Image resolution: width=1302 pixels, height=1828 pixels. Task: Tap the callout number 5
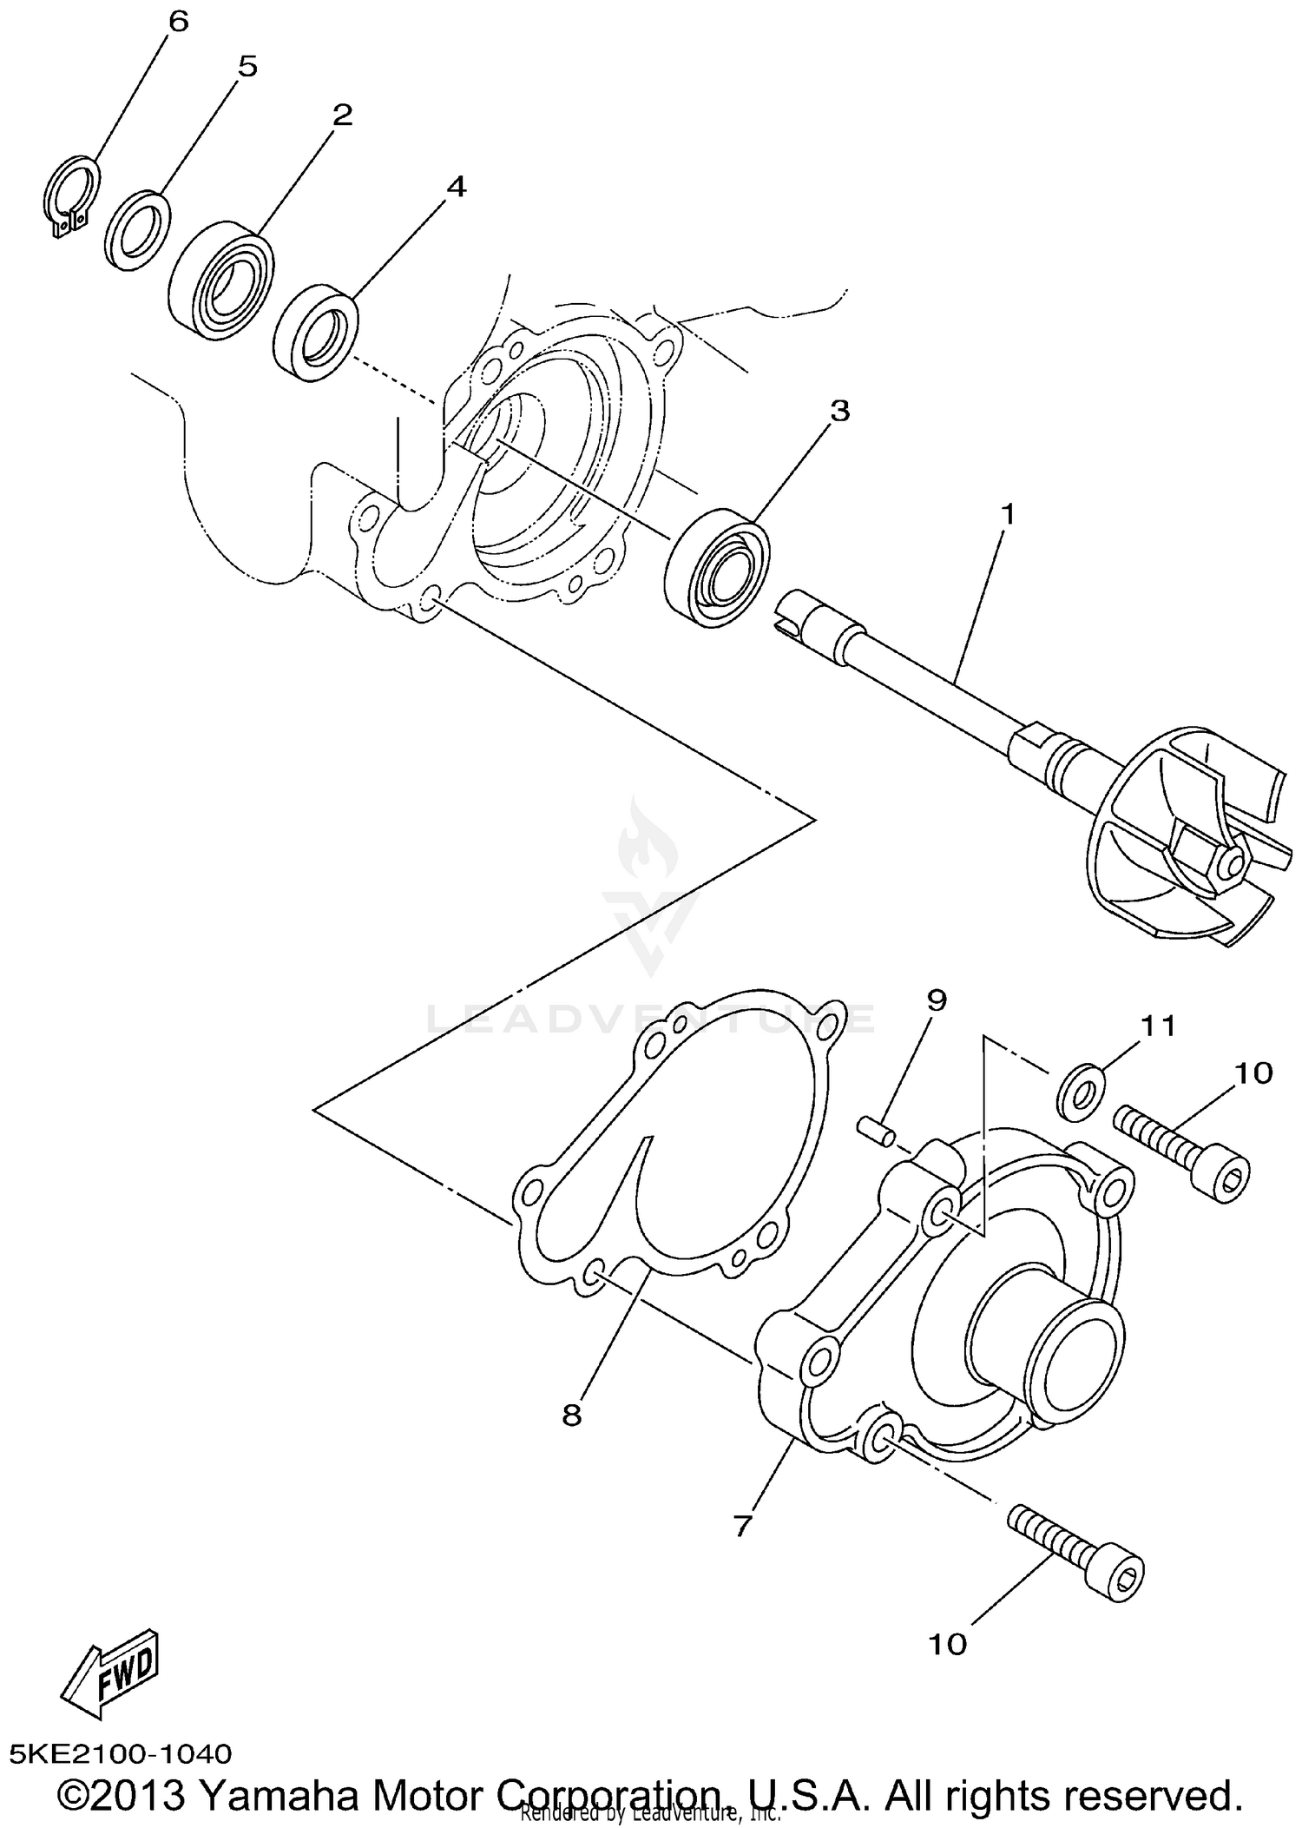pyautogui.click(x=247, y=67)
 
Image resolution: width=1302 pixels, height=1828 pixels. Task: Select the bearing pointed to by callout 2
pyautogui.click(x=221, y=280)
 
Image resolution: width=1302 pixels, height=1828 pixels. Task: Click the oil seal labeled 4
pyautogui.click(x=315, y=332)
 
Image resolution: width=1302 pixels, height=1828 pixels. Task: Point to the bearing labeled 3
pyautogui.click(x=718, y=569)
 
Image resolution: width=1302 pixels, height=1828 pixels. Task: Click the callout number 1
pyautogui.click(x=1007, y=514)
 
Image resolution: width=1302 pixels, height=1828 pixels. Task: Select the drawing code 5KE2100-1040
pyautogui.click(x=122, y=1753)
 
